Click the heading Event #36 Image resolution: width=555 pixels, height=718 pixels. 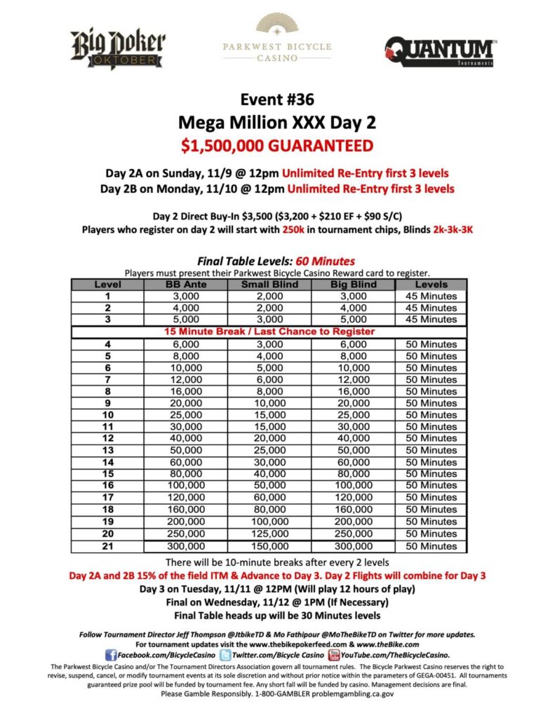[278, 99]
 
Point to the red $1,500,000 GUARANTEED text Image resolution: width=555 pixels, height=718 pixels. [278, 146]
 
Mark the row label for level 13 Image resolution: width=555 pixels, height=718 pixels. [107, 450]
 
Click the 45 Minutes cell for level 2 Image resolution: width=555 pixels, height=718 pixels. [432, 308]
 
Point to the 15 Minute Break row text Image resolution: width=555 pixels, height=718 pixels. [270, 331]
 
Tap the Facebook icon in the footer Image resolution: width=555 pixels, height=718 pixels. [110, 654]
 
